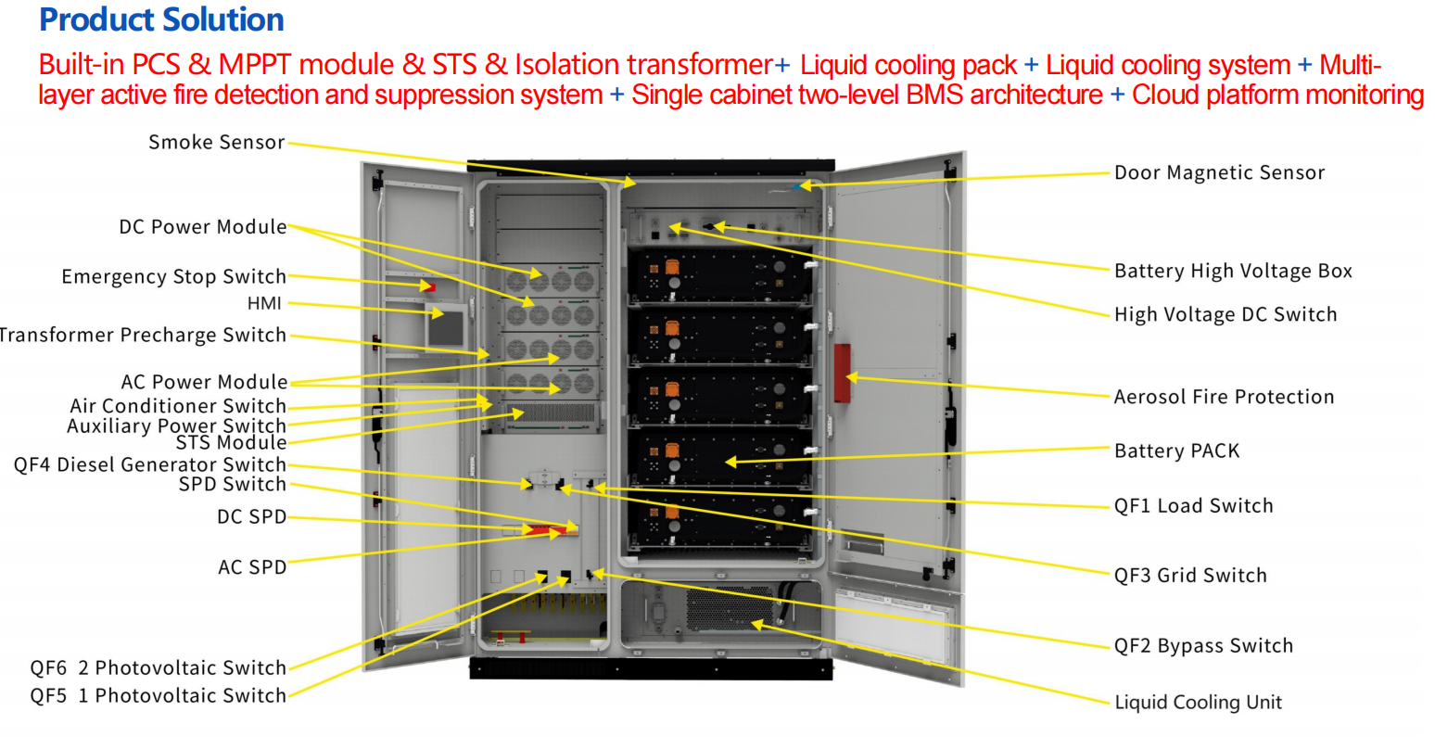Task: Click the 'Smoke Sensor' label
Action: (x=216, y=143)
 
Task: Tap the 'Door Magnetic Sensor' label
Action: (x=1219, y=172)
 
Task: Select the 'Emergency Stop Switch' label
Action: (x=173, y=277)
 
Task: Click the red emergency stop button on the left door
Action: (x=427, y=286)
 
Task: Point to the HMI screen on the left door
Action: (x=448, y=325)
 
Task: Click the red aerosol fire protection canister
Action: (x=842, y=373)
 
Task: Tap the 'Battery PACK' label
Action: (x=1176, y=451)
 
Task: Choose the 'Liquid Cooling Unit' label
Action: (x=1198, y=703)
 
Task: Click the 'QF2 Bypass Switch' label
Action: (x=1203, y=646)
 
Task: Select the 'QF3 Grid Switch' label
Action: (x=1190, y=576)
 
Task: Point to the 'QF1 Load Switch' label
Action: (x=1193, y=506)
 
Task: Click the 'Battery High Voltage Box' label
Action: (x=1233, y=272)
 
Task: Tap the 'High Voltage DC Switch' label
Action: (x=1225, y=315)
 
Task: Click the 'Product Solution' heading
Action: (x=161, y=19)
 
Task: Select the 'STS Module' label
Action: (x=231, y=443)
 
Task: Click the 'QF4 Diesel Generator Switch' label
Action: (x=149, y=464)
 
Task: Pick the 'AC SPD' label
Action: (x=252, y=567)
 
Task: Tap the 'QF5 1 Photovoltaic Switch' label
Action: (x=158, y=696)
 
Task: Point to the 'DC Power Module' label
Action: (x=202, y=227)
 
